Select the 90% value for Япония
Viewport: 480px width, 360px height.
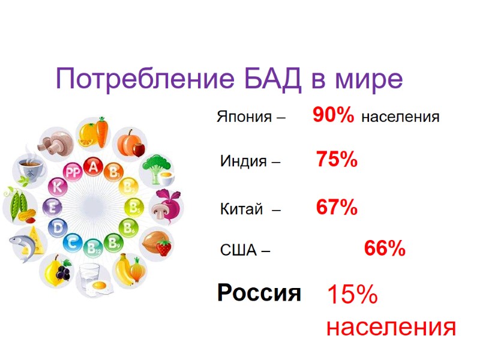[x=333, y=116]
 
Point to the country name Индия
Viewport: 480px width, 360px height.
[x=242, y=161]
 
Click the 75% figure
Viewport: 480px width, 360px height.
[x=337, y=160]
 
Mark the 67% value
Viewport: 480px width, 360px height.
[x=337, y=208]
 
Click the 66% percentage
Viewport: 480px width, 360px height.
[x=385, y=248]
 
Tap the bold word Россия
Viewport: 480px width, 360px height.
[x=259, y=293]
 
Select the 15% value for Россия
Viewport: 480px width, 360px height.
[x=352, y=295]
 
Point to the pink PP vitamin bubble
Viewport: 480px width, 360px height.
[x=73, y=173]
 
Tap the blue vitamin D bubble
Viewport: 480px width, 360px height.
[x=58, y=227]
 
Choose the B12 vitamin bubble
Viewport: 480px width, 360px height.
[x=93, y=245]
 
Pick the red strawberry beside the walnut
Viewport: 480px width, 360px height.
[x=164, y=247]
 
